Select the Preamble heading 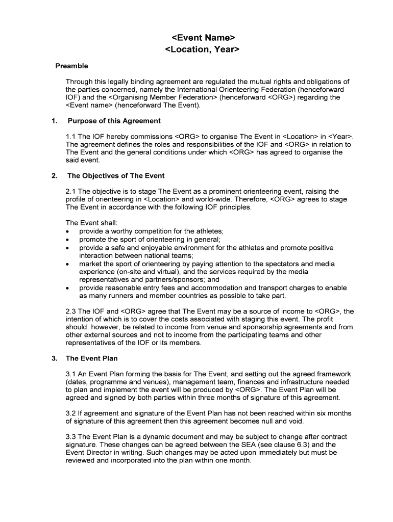71,66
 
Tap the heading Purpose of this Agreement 114,121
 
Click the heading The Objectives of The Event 116,176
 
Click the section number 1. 54,121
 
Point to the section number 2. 54,176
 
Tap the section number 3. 54,358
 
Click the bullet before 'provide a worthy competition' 68,231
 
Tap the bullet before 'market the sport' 68,264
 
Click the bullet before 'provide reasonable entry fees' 68,288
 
